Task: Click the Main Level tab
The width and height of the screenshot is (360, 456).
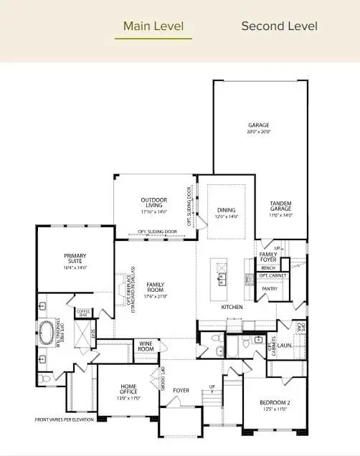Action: [153, 27]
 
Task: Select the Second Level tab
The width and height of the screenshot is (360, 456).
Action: [279, 27]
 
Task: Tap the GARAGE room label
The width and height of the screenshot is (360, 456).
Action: [259, 128]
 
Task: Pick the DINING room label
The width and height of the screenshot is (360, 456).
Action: [227, 213]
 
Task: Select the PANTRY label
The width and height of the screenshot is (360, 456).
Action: [270, 289]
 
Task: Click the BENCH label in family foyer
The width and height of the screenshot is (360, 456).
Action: [268, 267]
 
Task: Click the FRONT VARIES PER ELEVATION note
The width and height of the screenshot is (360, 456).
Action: [65, 419]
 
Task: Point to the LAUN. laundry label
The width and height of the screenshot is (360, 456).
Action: [284, 344]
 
